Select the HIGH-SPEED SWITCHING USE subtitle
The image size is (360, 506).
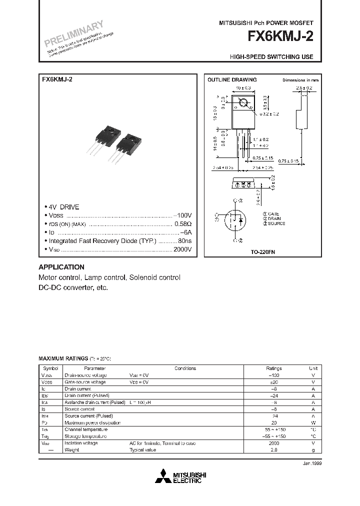point(271,57)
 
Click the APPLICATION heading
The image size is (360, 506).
point(61,267)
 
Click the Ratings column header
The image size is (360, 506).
point(274,368)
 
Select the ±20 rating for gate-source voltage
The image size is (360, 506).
point(274,382)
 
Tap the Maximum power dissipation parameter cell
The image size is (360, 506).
point(92,422)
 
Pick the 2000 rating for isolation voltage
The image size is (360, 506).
point(274,443)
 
